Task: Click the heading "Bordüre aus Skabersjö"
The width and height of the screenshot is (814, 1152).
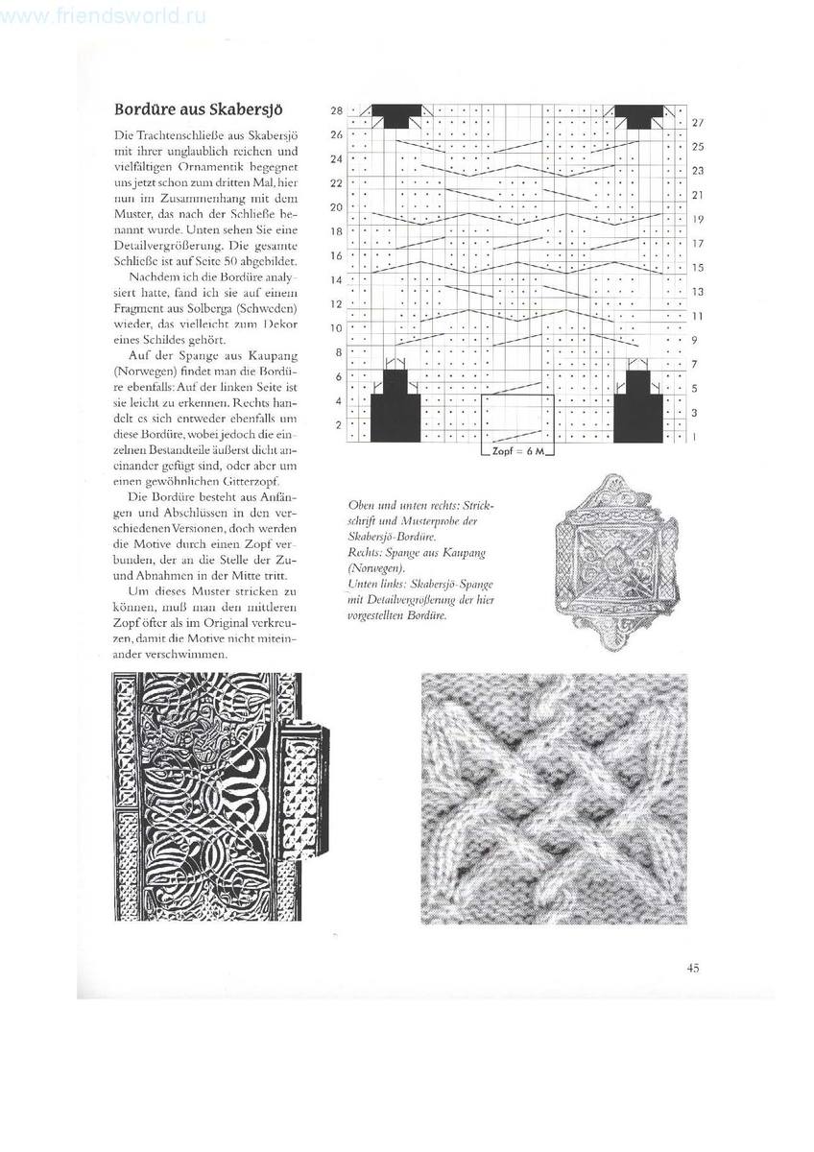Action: click(x=203, y=108)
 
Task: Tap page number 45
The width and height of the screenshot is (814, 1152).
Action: click(x=692, y=967)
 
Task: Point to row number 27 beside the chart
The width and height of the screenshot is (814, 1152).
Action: click(x=698, y=123)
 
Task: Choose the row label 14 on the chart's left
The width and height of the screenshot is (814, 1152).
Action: click(x=336, y=279)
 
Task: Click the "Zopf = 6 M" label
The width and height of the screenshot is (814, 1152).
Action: click(x=517, y=449)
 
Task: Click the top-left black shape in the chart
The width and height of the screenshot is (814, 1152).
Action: click(x=393, y=116)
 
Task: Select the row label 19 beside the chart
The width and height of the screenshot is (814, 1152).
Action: click(x=698, y=219)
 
